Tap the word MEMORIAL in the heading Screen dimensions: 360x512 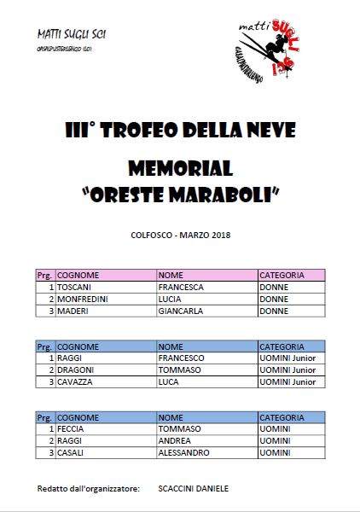(179, 166)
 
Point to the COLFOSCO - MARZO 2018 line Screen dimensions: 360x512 (180, 234)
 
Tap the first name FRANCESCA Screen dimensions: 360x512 (181, 288)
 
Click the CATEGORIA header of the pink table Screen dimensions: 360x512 (282, 276)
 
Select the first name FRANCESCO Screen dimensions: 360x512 (182, 358)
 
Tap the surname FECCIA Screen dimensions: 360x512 (75, 428)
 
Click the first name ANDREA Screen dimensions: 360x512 (174, 440)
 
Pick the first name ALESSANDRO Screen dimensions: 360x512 (183, 452)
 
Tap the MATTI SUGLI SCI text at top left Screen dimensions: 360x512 (73, 35)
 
